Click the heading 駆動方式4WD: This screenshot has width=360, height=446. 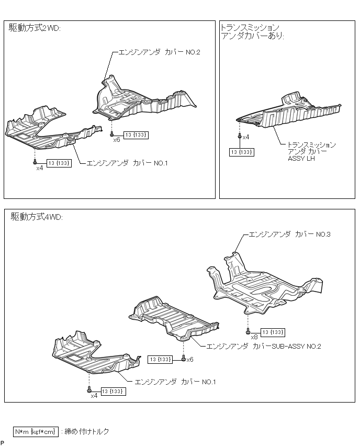37,217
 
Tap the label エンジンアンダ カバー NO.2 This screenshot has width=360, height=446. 160,52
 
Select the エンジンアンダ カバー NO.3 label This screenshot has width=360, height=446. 289,234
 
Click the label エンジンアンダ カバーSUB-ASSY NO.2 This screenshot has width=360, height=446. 264,346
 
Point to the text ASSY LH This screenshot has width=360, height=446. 301,158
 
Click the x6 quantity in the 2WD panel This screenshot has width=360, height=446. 116,140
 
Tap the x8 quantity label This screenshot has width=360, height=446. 254,337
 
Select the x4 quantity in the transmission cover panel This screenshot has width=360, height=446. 246,137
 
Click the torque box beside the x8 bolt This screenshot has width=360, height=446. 273,332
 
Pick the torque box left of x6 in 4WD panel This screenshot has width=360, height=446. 161,359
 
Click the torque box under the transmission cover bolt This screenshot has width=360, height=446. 242,152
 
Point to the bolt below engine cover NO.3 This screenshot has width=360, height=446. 247,331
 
